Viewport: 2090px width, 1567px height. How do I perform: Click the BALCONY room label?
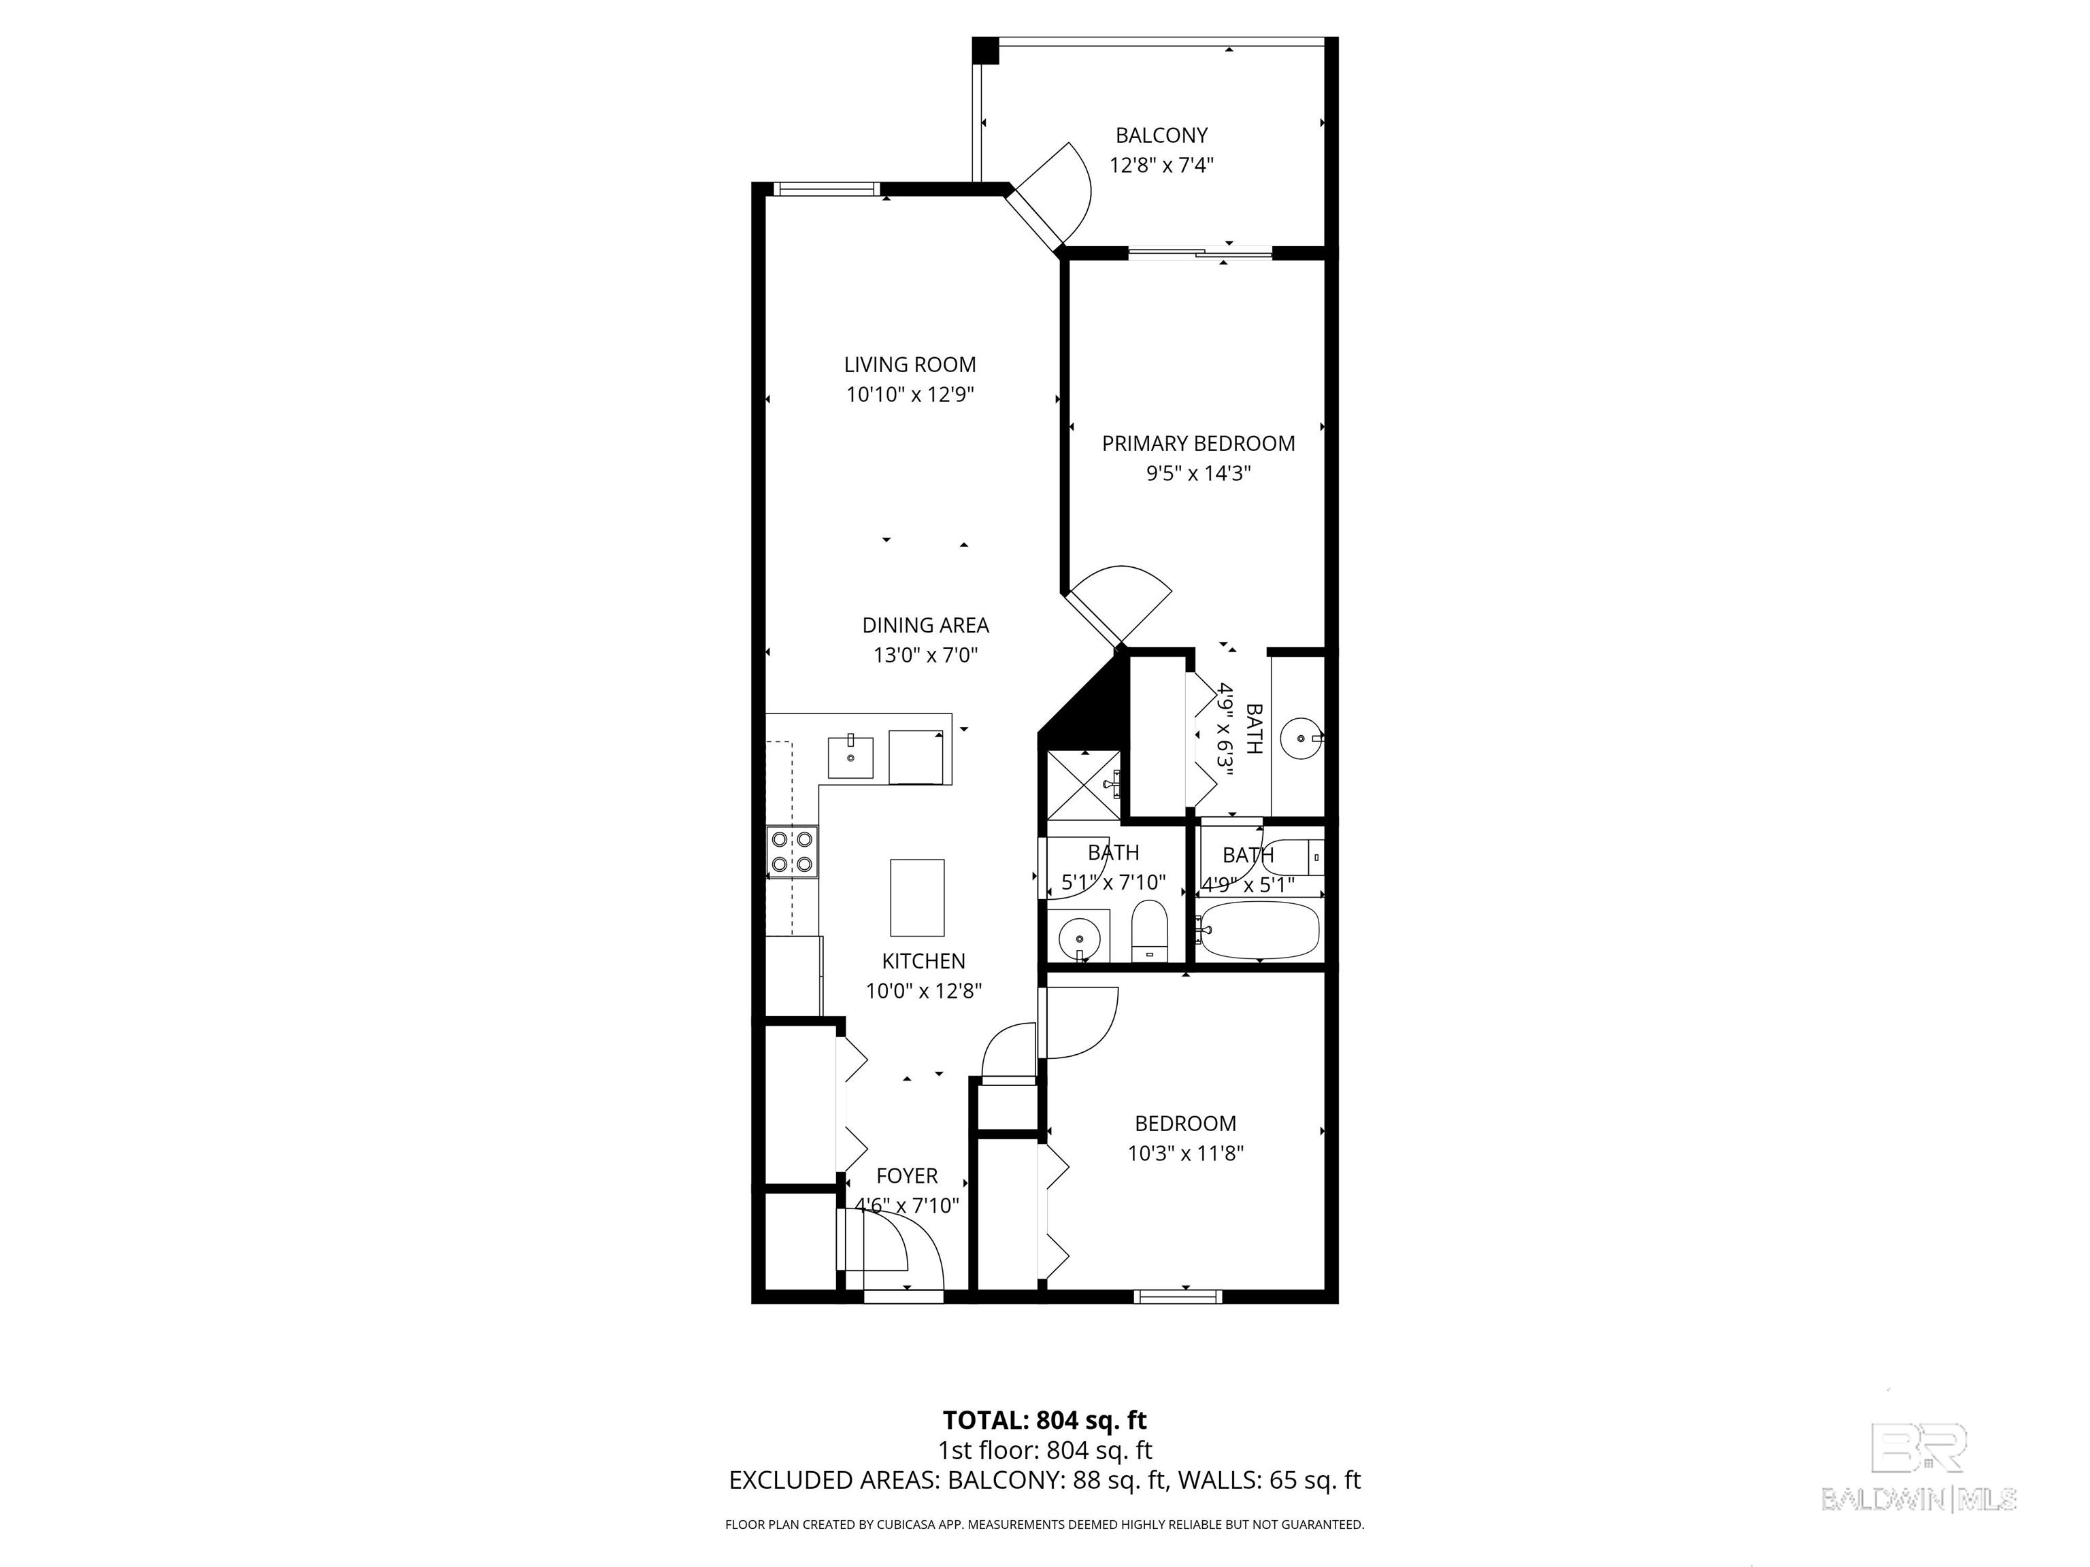pos(1161,135)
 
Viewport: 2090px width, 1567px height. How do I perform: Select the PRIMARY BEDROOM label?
pos(1198,443)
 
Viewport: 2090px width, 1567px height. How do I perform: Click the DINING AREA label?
pos(925,625)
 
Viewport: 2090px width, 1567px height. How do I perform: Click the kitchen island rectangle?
pos(916,897)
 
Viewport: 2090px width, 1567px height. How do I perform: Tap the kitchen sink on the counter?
pos(189,756)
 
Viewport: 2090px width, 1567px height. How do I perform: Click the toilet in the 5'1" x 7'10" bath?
pos(1150,931)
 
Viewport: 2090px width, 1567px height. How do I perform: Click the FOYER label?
pos(906,1176)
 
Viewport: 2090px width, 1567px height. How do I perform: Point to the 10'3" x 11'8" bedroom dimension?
pos(1185,1153)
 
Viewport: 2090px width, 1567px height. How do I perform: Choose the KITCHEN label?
pos(923,962)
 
